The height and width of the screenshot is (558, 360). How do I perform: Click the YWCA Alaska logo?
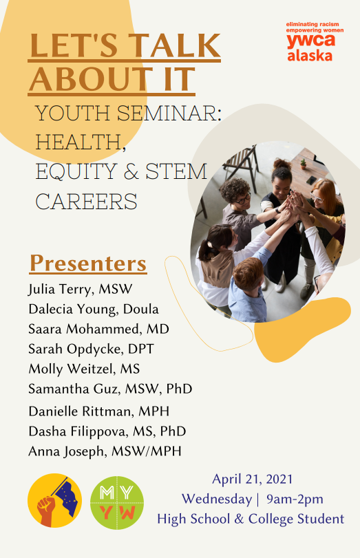coord(315,42)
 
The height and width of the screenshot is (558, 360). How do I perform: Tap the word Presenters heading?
coord(88,264)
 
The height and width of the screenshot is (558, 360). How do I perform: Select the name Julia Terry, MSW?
coord(80,289)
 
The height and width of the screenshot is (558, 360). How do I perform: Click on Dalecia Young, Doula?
coord(94,309)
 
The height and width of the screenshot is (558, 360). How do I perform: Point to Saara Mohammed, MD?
coord(98,329)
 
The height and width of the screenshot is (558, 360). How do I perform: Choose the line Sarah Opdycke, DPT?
coord(91,349)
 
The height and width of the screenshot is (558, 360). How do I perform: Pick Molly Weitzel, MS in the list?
coord(84,369)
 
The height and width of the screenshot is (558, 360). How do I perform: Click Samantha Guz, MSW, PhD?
coord(110,389)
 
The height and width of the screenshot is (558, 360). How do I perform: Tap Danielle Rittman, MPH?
coord(99,411)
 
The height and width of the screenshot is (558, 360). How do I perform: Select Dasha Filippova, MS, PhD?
coord(107,431)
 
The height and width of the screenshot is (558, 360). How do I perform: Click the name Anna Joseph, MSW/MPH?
coord(105,451)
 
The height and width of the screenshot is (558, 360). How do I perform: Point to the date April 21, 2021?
coord(253,479)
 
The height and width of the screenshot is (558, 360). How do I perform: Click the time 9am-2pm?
coord(295,499)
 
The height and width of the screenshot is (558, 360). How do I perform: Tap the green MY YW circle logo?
coord(117,502)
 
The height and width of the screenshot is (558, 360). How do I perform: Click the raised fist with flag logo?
coord(55,500)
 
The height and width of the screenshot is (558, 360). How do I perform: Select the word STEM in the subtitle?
coord(176,171)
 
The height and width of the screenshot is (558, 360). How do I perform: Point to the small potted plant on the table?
coord(303,164)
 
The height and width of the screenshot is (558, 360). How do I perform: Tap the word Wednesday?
coord(217,499)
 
